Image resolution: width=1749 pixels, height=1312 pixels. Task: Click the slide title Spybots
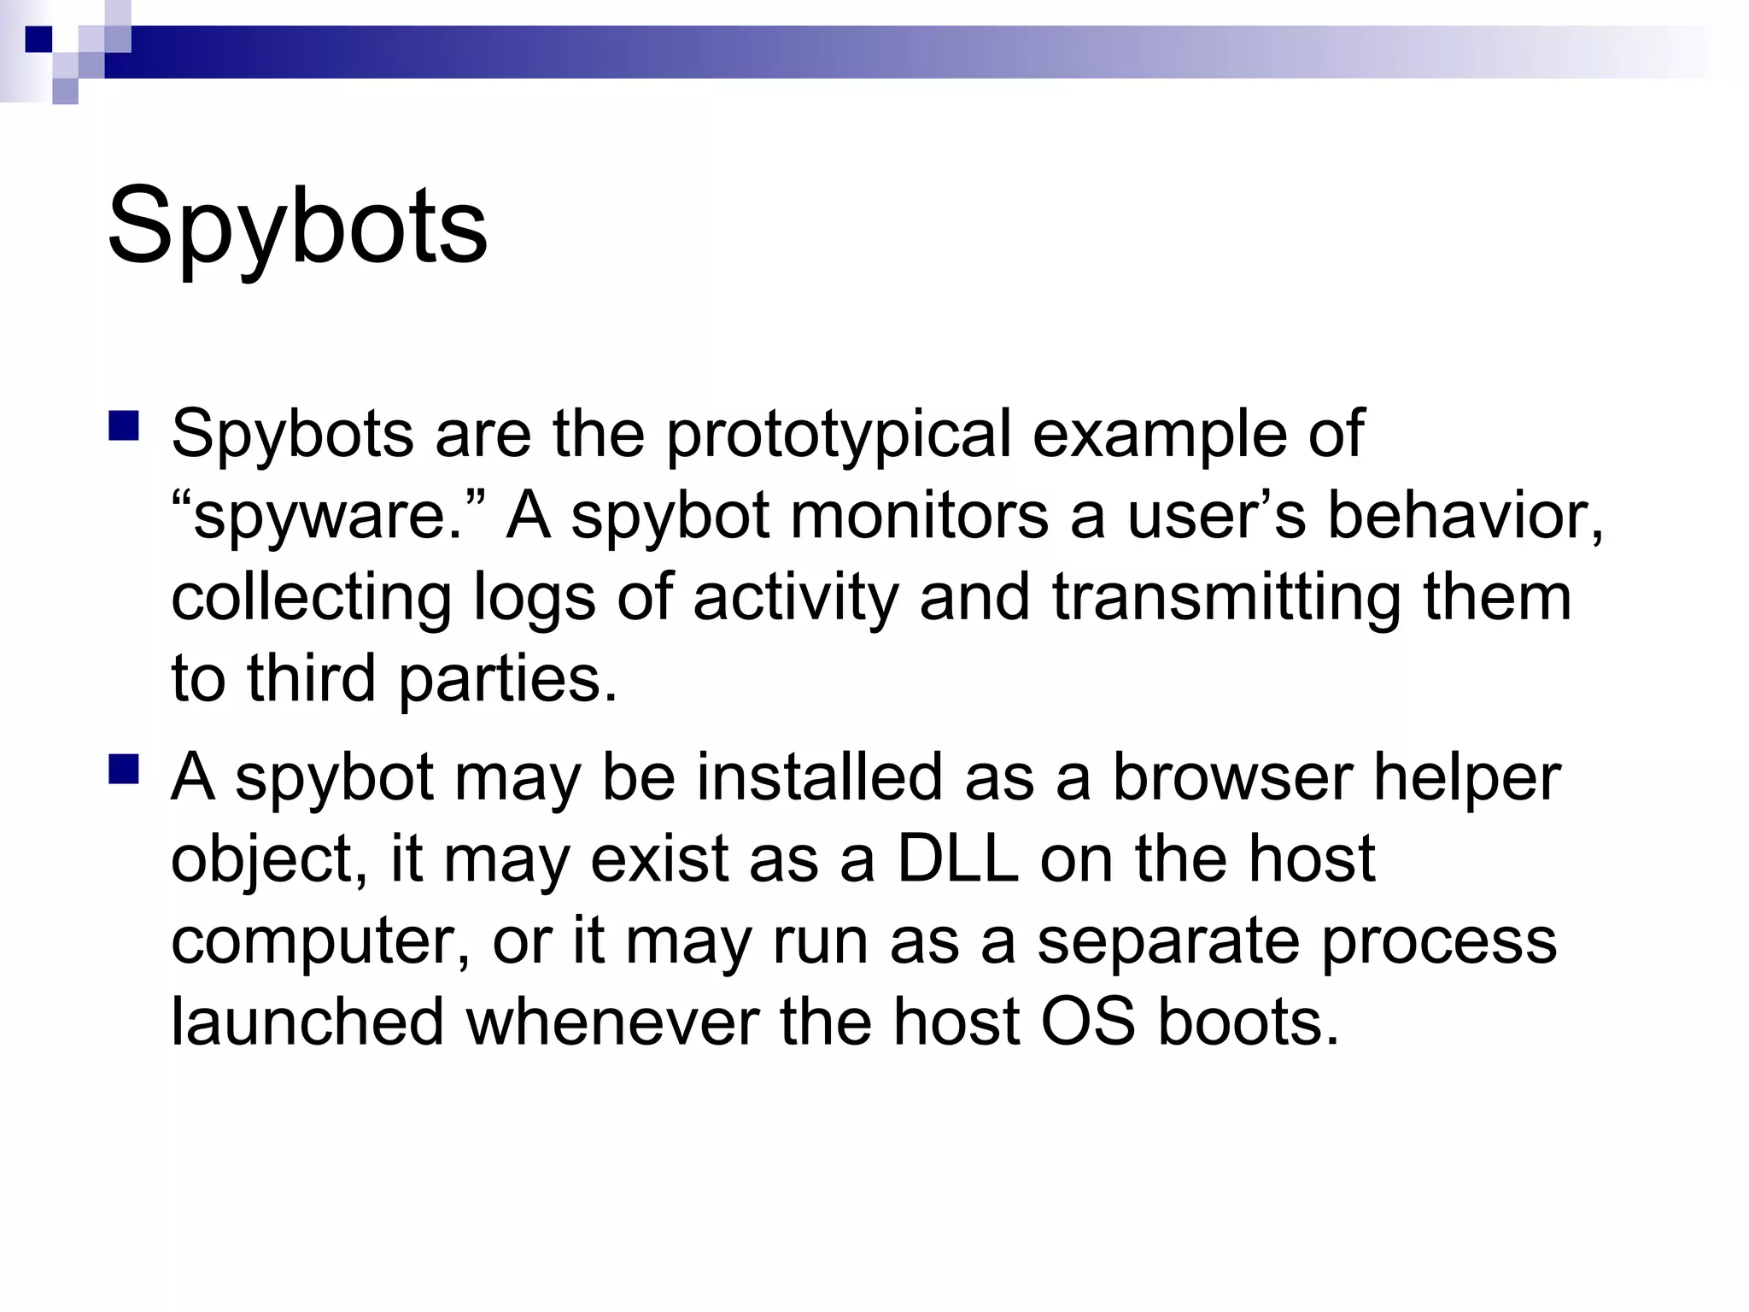coord(297,226)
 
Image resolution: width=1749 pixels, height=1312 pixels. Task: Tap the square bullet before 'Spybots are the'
coord(124,425)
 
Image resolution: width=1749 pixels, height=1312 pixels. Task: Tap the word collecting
coord(311,598)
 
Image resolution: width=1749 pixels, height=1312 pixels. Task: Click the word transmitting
coord(1226,598)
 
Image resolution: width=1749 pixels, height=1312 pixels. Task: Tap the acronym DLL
coord(958,859)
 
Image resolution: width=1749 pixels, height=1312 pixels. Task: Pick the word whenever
coord(612,1022)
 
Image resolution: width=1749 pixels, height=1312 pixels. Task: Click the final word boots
coord(1247,1022)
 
